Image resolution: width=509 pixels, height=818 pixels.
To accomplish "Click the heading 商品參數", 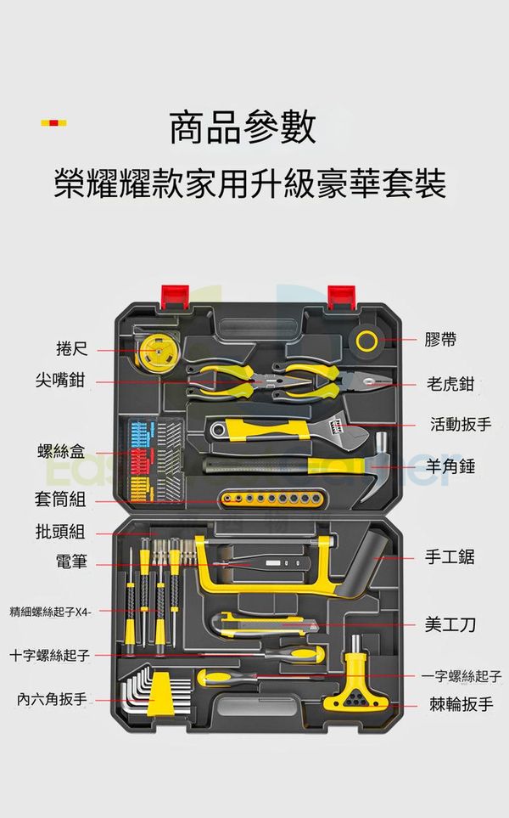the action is point(243,127).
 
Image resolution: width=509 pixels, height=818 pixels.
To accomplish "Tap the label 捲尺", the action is point(72,348).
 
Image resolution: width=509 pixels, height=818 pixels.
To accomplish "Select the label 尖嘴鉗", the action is point(60,380).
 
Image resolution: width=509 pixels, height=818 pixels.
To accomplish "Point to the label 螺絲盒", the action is point(61,451).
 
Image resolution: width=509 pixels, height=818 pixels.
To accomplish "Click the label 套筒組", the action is point(60,499).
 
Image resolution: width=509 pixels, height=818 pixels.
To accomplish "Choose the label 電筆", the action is point(71,561).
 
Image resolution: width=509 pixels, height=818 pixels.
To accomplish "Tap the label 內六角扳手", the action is point(52,698).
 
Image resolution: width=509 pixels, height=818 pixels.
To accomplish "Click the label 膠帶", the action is point(440,340).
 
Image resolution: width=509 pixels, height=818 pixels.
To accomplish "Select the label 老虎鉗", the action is point(450,383).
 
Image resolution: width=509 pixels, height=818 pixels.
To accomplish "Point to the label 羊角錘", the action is point(450,465).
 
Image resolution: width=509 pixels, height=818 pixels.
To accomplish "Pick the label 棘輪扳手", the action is point(461,704).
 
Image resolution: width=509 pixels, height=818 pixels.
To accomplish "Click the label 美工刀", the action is point(450,624).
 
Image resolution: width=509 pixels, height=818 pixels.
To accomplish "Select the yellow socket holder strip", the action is point(273,499).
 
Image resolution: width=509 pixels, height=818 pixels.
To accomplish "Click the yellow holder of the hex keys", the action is point(159,694).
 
